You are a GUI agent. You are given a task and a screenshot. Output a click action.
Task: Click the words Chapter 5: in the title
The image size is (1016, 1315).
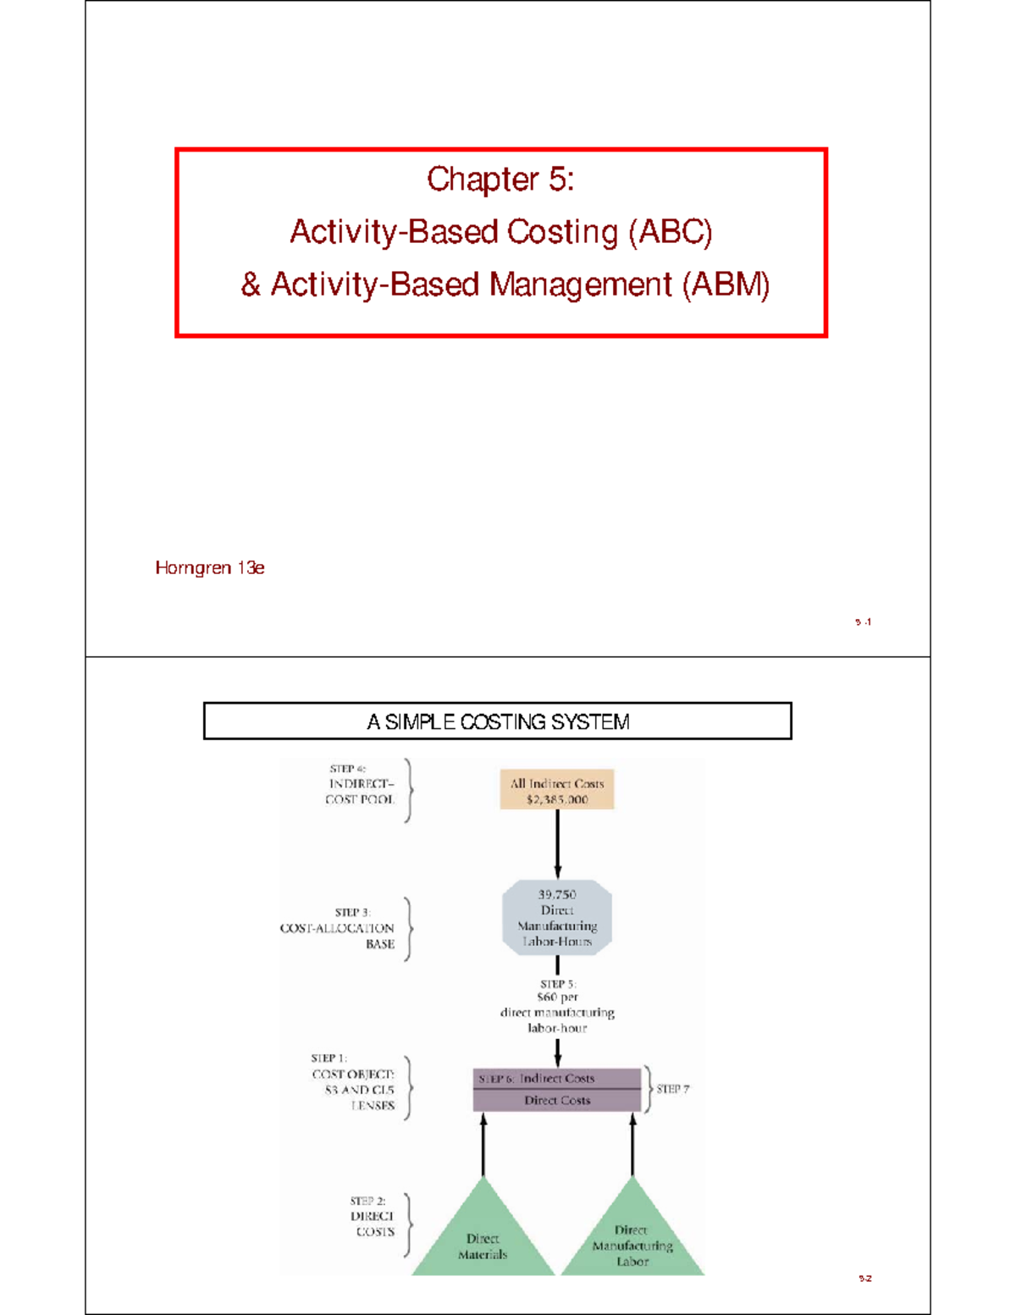point(500,179)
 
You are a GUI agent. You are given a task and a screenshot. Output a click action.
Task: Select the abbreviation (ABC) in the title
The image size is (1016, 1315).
point(670,231)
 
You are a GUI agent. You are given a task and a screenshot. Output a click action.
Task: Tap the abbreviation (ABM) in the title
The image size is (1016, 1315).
point(726,285)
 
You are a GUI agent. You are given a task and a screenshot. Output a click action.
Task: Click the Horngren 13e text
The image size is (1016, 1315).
point(210,568)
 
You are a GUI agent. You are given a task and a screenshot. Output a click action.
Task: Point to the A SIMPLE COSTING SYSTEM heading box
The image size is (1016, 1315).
point(498,721)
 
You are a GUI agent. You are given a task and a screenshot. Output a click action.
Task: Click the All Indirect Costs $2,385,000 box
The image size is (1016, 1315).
point(557,791)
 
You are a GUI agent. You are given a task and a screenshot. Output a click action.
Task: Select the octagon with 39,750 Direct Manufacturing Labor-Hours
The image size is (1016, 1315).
point(557,918)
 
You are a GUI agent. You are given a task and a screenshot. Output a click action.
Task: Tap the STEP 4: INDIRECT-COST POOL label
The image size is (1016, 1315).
point(361,784)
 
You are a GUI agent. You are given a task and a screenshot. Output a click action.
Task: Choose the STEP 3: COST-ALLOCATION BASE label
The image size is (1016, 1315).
point(339,928)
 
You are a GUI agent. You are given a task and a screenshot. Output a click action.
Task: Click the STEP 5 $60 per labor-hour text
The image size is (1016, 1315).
point(557,1006)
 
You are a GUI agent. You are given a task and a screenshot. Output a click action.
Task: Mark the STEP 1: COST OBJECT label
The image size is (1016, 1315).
point(354,1082)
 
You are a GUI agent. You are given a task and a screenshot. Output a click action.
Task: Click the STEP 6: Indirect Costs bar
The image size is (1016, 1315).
point(557,1079)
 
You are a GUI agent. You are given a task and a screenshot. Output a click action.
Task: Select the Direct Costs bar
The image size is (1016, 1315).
point(557,1100)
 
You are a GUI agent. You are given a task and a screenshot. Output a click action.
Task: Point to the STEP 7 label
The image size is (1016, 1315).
point(673,1089)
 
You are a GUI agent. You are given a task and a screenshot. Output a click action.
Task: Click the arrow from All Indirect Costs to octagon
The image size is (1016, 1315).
point(557,843)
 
